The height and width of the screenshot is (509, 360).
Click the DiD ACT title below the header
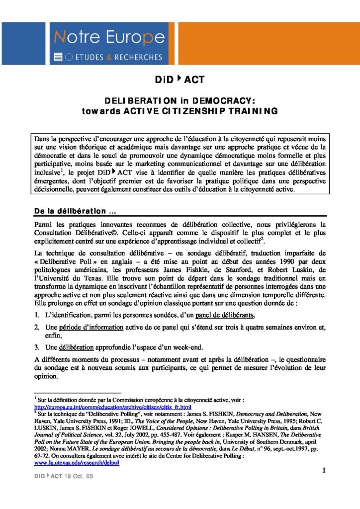coord(180,80)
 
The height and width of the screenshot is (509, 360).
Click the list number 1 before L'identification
coord(37,315)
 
